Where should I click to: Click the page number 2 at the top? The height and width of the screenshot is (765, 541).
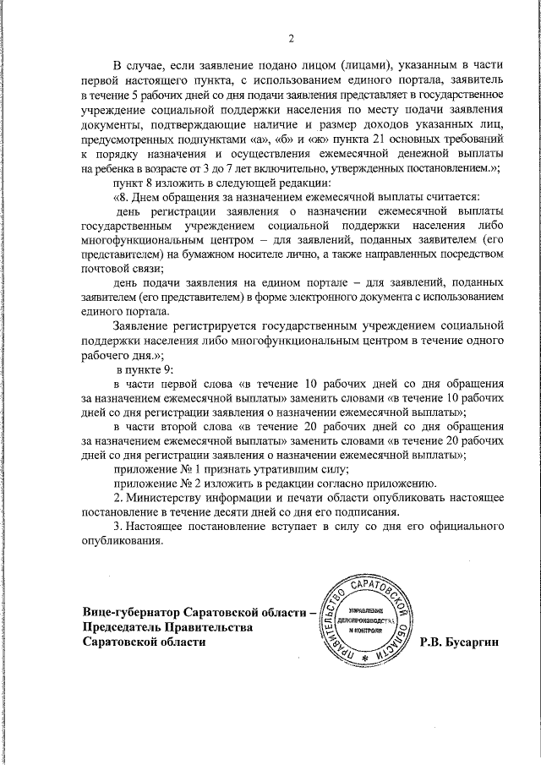(290, 38)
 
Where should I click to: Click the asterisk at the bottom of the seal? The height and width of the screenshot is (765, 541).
(365, 658)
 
